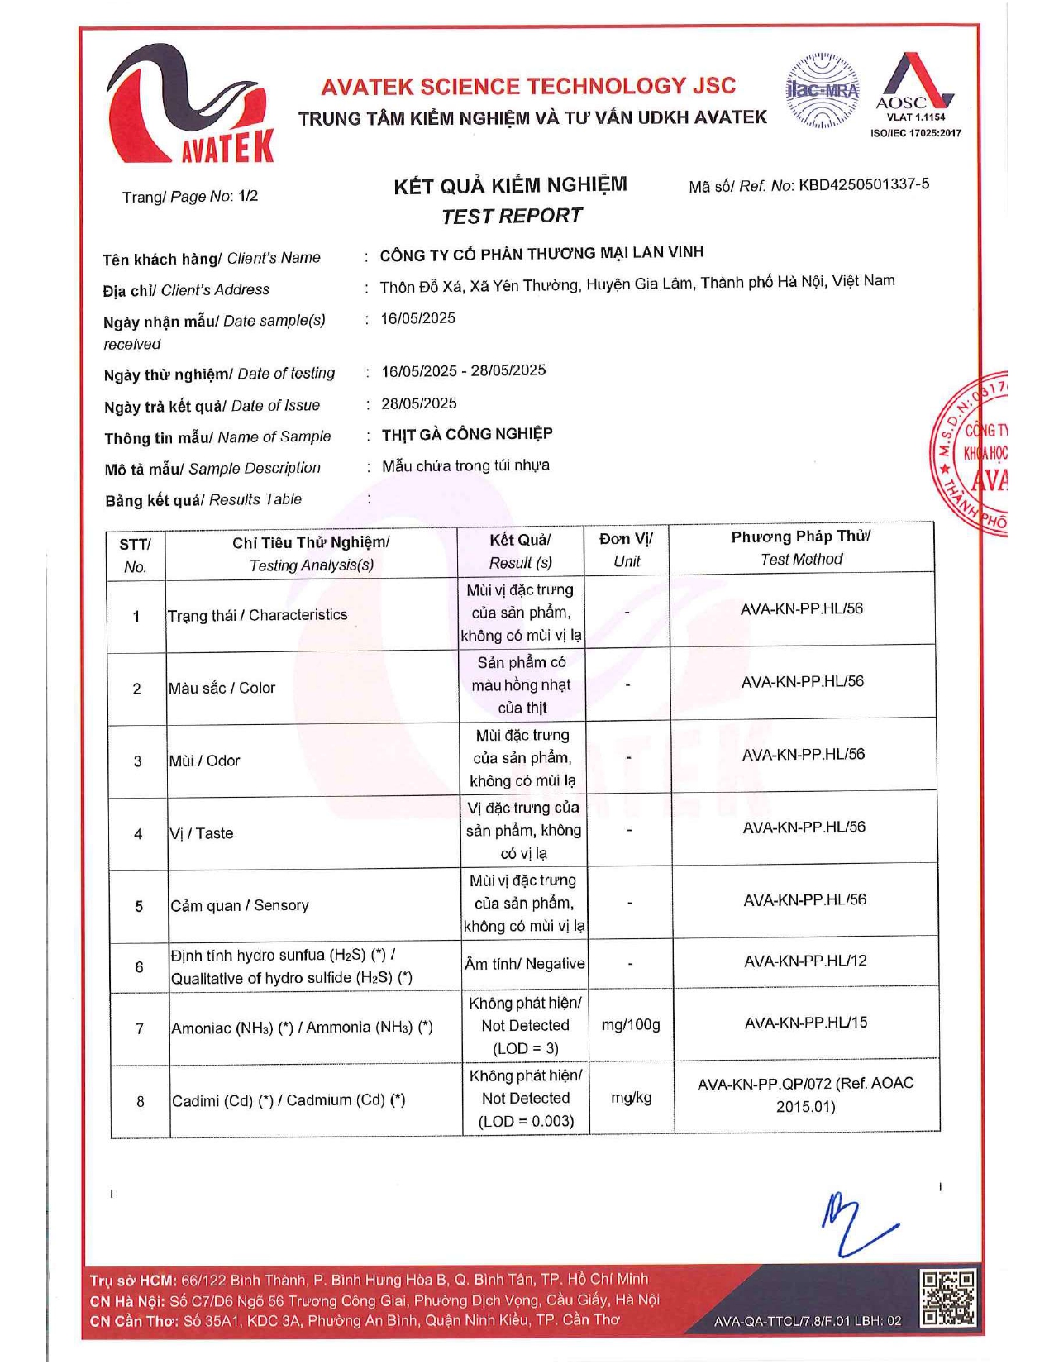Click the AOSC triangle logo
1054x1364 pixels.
(x=913, y=83)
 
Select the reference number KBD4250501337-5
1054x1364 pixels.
(x=863, y=184)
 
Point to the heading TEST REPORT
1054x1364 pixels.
(x=512, y=217)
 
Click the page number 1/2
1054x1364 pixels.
(x=248, y=196)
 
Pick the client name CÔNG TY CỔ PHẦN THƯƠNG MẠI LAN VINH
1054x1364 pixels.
(x=541, y=254)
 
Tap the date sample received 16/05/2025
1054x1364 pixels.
(x=418, y=318)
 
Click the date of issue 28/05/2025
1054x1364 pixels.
(x=419, y=403)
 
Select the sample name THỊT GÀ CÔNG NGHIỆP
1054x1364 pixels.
(x=467, y=434)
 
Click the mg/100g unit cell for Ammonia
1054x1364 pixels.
(x=631, y=1025)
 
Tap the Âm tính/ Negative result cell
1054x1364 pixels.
(x=524, y=964)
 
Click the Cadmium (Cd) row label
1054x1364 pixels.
(x=289, y=1100)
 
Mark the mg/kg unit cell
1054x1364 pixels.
(x=631, y=1098)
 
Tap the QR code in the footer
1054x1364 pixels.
(x=948, y=1299)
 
